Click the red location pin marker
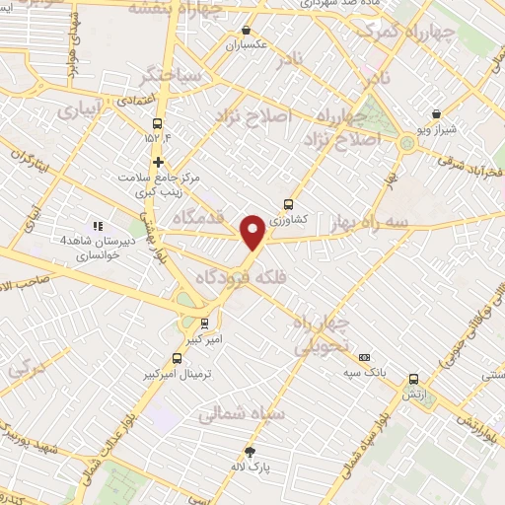click(x=253, y=232)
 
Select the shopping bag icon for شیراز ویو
click(x=437, y=114)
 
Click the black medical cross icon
click(x=157, y=162)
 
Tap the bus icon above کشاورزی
click(x=288, y=204)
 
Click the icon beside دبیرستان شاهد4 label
click(x=97, y=226)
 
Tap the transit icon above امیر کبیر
click(x=204, y=323)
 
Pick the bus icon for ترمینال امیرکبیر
click(x=177, y=358)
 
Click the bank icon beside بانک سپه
click(x=365, y=357)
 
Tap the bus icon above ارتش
click(x=412, y=378)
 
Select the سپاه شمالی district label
click(x=242, y=415)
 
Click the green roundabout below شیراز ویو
click(x=406, y=145)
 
